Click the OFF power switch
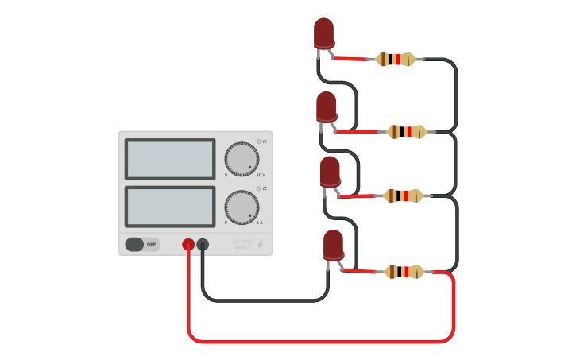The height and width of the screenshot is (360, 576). [x=142, y=245]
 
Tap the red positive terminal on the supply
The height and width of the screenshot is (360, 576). [x=188, y=245]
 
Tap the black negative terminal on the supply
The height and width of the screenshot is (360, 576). [x=203, y=245]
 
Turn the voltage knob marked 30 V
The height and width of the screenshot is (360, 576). [x=242, y=159]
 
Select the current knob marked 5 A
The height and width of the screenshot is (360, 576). [x=242, y=207]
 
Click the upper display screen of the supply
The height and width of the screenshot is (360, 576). [x=170, y=159]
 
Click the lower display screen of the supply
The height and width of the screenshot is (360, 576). [x=170, y=207]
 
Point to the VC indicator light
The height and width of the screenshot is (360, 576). [x=258, y=141]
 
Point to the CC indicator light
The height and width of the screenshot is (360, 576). [x=258, y=188]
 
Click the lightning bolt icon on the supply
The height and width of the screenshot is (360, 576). [x=260, y=245]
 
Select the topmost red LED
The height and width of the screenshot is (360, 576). [x=324, y=33]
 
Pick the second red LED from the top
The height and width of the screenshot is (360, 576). [x=327, y=107]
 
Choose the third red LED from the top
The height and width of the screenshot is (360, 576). [x=330, y=172]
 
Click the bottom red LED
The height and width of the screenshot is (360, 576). [x=334, y=245]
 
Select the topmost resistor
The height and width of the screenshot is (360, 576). [x=396, y=59]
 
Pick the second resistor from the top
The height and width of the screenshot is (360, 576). [x=406, y=132]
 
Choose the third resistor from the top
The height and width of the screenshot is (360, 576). [x=404, y=195]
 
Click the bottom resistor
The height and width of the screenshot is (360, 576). [x=404, y=272]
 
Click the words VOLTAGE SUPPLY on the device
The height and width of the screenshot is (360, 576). [x=242, y=245]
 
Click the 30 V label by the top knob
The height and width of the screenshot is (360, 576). [x=261, y=175]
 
